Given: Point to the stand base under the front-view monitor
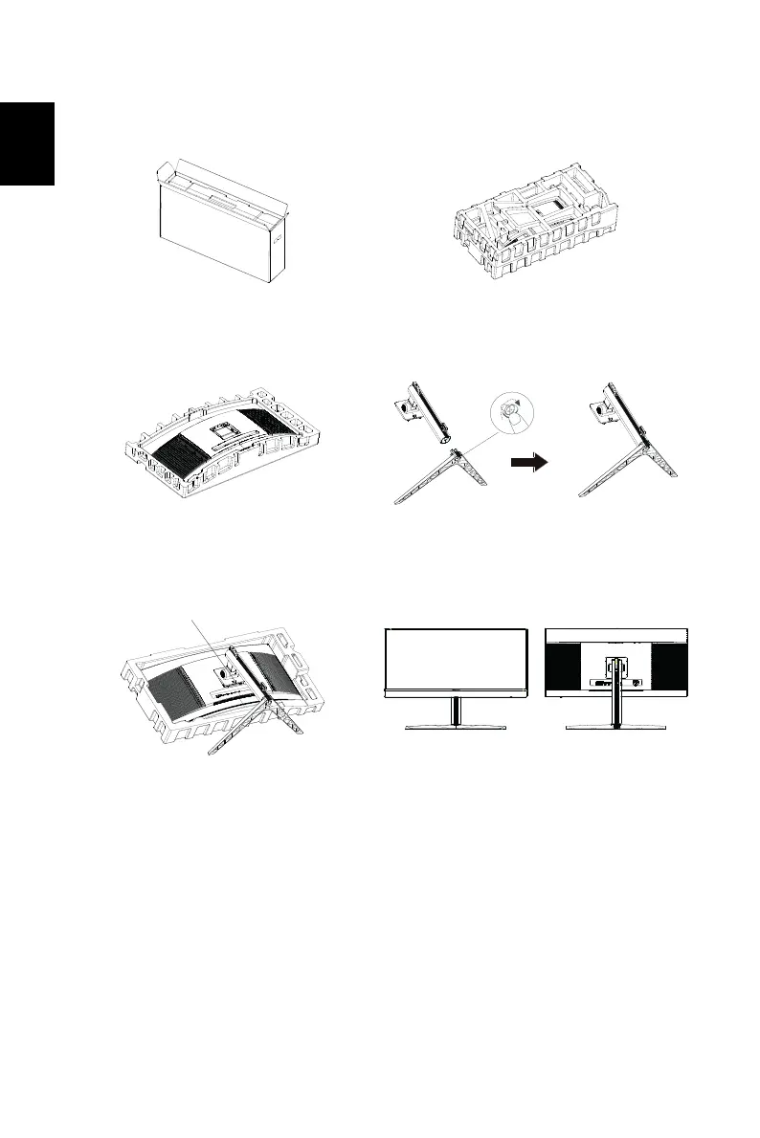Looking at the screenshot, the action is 456,728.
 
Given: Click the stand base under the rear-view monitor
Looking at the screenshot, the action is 615,728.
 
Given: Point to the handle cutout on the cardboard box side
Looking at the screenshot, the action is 279,243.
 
